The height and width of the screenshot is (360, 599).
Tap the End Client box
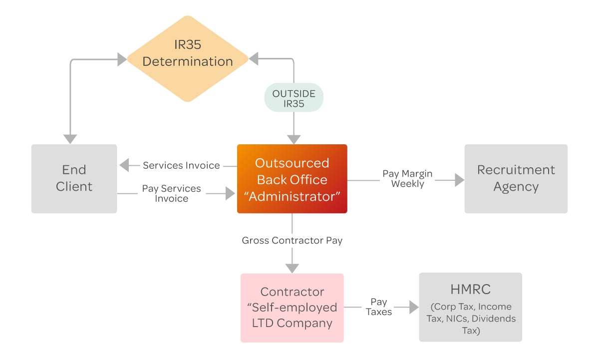coord(74,179)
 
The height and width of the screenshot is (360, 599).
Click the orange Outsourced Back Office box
coord(292,179)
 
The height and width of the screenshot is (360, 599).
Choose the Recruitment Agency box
coord(516,179)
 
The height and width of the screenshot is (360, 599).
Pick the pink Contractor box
coord(292,308)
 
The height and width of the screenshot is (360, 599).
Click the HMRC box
coord(470,307)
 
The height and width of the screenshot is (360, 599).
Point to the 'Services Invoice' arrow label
coord(181,165)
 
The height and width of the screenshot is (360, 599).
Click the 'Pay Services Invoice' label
coord(171,194)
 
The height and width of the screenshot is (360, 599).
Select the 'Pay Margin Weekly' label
coord(407,179)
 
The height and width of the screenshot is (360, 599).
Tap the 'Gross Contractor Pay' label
coord(292,241)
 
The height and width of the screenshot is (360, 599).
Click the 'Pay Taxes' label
coord(378,307)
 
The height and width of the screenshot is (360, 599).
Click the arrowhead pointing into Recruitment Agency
coord(459,180)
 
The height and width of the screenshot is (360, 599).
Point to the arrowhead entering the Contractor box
coord(292,267)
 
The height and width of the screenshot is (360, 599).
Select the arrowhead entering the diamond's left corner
coord(122,59)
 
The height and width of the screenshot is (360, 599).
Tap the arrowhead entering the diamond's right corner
coord(254,59)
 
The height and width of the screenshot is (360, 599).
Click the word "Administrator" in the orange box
coord(292,196)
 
